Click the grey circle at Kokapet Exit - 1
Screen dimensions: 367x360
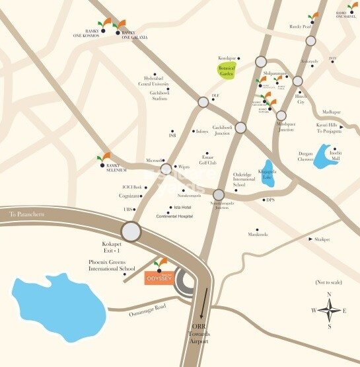point(131,231)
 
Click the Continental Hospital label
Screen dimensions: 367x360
point(174,216)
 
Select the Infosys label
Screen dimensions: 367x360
point(201,131)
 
